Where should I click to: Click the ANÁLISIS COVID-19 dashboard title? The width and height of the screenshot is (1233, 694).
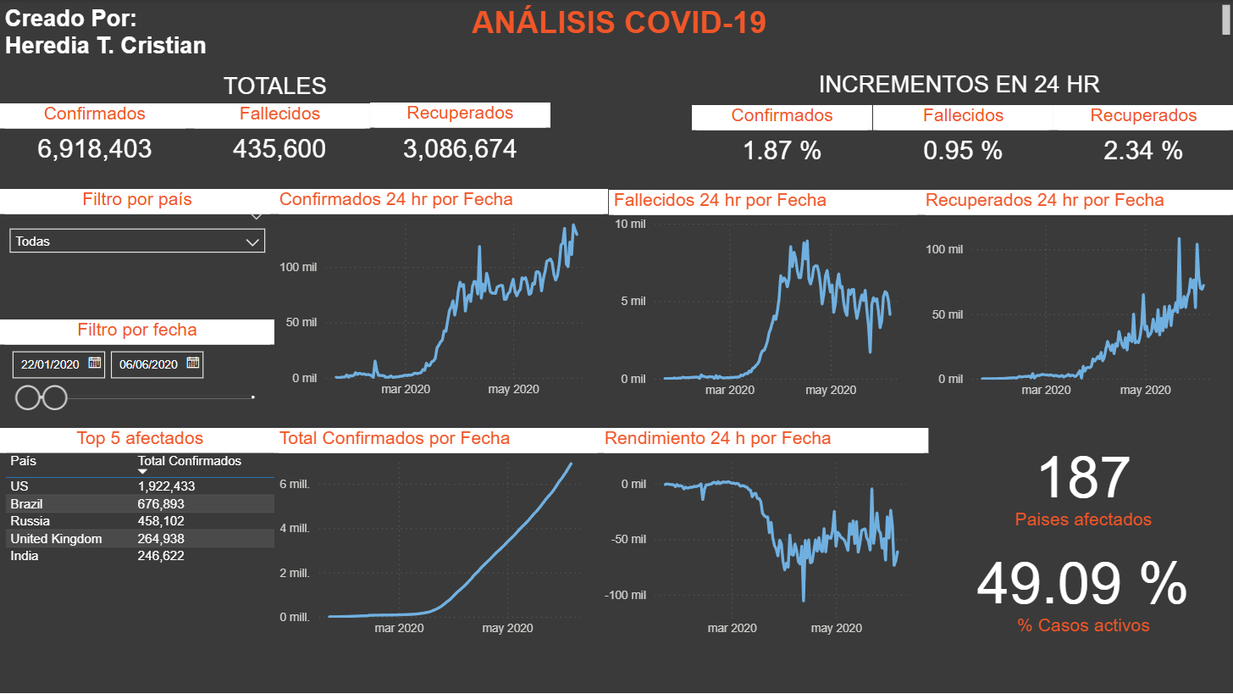coord(618,23)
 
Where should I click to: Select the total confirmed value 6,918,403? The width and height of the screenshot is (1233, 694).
coord(95,149)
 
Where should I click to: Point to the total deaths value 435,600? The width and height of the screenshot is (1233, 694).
coord(279,149)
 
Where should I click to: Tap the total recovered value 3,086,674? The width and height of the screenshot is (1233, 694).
coord(460,149)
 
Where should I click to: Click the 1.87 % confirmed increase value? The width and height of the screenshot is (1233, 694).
coord(782,151)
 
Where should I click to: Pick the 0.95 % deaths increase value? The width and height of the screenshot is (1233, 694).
coord(963,151)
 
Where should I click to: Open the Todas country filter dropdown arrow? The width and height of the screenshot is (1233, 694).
coord(252,242)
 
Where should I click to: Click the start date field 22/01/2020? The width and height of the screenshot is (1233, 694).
coord(50,364)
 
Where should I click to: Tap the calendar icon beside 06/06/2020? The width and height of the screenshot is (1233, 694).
coord(193,364)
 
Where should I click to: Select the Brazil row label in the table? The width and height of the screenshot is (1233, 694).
coord(27,503)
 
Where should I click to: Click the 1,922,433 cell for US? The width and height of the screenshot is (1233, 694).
coord(166,486)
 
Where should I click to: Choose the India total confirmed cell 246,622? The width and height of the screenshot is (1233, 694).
coord(161,556)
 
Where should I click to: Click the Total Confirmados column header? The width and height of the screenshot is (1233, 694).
coord(190,461)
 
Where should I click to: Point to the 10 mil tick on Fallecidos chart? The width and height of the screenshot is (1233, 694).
coord(630,224)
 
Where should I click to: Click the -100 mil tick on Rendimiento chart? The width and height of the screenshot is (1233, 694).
coord(625,595)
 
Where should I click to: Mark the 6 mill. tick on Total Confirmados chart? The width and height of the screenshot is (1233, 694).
coord(295,484)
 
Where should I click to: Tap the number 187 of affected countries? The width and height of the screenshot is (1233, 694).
coord(1083,478)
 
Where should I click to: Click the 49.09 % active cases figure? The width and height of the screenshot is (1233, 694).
coord(1082,585)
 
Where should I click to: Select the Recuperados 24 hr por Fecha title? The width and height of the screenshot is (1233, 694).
coord(1044,201)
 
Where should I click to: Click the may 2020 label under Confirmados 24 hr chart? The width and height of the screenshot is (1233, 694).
coord(514,390)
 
